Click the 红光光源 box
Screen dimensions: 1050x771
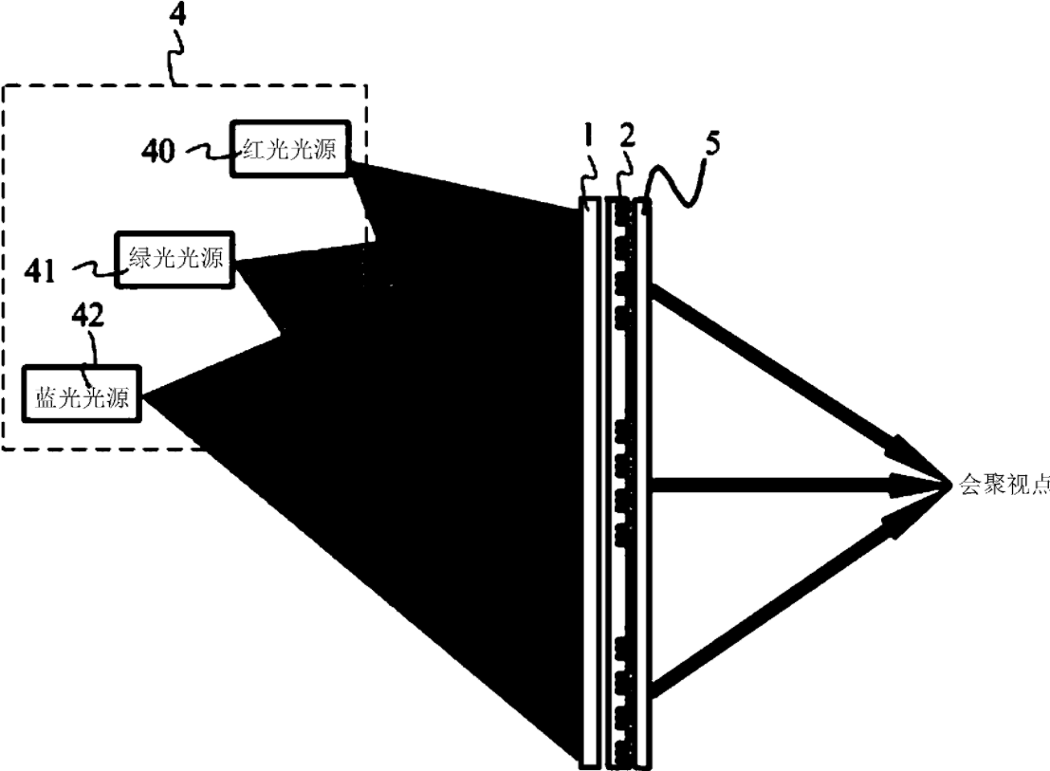[x=290, y=148]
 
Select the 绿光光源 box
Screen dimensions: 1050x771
[x=175, y=259]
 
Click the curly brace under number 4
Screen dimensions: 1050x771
[x=175, y=64]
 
